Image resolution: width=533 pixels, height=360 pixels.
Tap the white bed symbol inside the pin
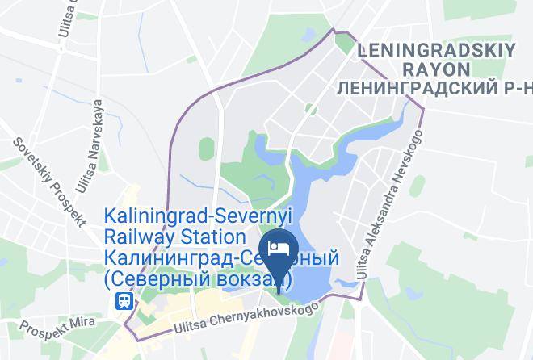pyautogui.click(x=277, y=245)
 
